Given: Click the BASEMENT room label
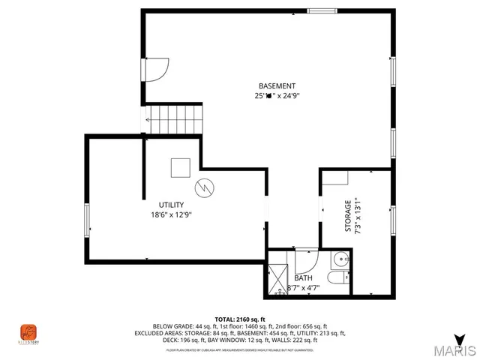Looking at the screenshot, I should point(277,85).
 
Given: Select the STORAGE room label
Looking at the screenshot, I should point(348,215).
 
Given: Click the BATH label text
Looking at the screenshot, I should point(303,277).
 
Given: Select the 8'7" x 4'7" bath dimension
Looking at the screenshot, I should point(303,287).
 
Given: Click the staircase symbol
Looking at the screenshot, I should point(175,119).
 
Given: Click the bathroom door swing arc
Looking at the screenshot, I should point(307,261).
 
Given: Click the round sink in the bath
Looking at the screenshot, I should point(341,260).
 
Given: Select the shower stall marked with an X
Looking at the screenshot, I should point(277,277).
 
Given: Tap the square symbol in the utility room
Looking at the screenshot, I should point(181,168).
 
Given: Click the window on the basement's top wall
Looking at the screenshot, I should point(322,10).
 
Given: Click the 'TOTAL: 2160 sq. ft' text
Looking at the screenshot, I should point(240,319).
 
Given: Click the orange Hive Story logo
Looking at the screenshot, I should point(28,331).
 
